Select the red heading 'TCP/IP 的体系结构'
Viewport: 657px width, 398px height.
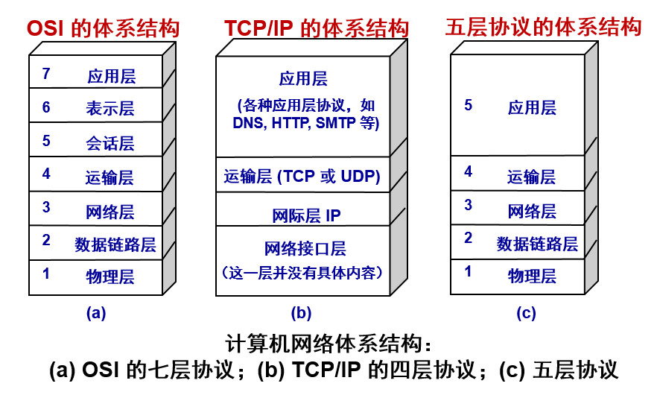click(317, 29)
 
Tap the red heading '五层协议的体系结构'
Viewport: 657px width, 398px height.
click(543, 28)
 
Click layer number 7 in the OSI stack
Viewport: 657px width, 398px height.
click(46, 74)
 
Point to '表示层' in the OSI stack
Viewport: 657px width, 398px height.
click(110, 108)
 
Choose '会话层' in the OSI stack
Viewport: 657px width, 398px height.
click(110, 142)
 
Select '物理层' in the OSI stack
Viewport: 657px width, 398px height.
click(110, 277)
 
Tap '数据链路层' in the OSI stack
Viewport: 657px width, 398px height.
click(115, 244)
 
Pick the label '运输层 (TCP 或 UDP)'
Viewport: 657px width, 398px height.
click(302, 177)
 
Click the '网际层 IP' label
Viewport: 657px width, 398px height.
click(306, 216)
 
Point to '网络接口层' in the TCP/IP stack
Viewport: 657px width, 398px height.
click(305, 249)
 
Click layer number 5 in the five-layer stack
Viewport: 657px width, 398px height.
click(469, 105)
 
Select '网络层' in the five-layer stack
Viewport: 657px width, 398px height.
click(532, 211)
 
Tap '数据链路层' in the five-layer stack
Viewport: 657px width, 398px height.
click(537, 244)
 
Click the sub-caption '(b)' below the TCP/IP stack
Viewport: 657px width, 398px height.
click(301, 313)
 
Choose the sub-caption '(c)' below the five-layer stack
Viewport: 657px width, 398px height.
click(527, 313)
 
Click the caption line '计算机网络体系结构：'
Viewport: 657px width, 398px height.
click(328, 344)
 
